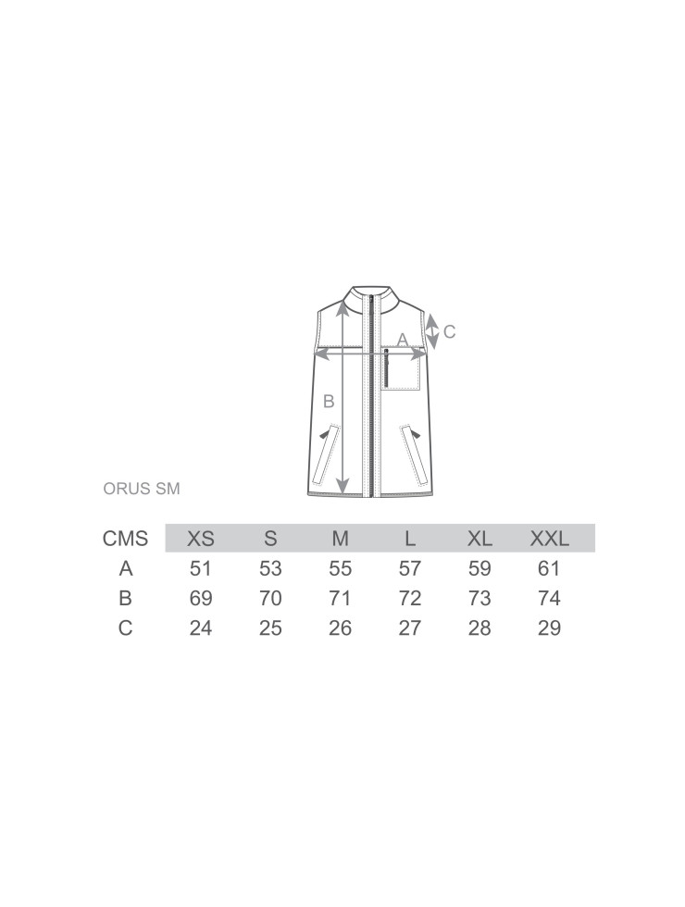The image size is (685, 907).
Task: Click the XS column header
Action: click(x=200, y=539)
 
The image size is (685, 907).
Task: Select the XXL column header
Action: click(x=549, y=539)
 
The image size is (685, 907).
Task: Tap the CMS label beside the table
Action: click(x=125, y=539)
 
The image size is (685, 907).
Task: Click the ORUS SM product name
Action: click(x=141, y=489)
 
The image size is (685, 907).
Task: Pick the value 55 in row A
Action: click(x=341, y=568)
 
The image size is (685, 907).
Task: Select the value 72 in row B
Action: click(x=409, y=598)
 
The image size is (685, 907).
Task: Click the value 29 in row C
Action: click(x=549, y=627)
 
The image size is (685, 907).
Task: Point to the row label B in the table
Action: click(x=126, y=598)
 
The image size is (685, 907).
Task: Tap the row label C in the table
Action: click(x=126, y=627)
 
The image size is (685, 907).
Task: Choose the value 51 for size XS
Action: click(x=200, y=568)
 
